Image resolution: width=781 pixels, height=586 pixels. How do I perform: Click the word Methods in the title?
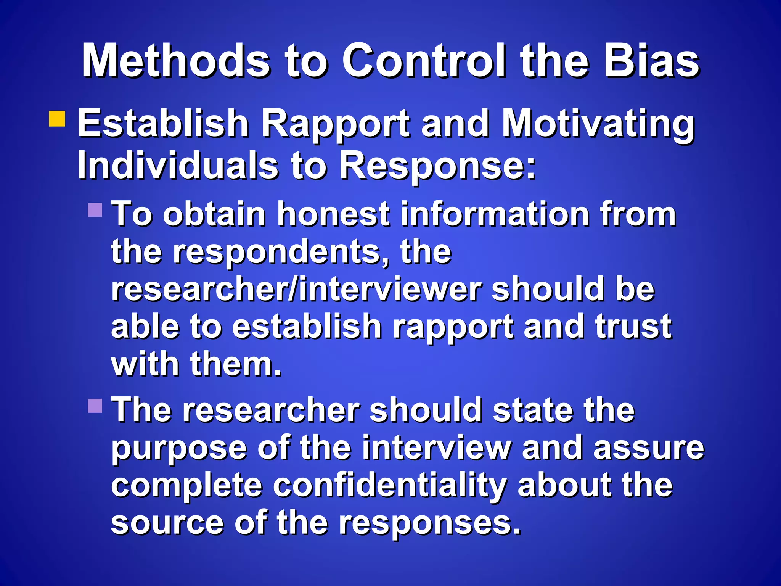(176, 61)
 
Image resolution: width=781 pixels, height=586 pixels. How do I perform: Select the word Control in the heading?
(424, 61)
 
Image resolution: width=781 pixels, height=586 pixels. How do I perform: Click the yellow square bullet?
(57, 119)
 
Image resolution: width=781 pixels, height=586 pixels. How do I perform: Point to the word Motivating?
(598, 124)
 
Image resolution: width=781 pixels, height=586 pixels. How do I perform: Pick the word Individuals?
(178, 165)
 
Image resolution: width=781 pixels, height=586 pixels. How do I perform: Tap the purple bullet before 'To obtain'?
(95, 209)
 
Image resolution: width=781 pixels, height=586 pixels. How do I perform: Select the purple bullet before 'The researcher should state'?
(95, 406)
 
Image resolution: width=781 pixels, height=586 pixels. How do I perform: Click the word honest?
(333, 214)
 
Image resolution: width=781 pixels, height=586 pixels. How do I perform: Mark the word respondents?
(281, 253)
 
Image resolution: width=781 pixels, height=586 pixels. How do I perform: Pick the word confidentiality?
(390, 486)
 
